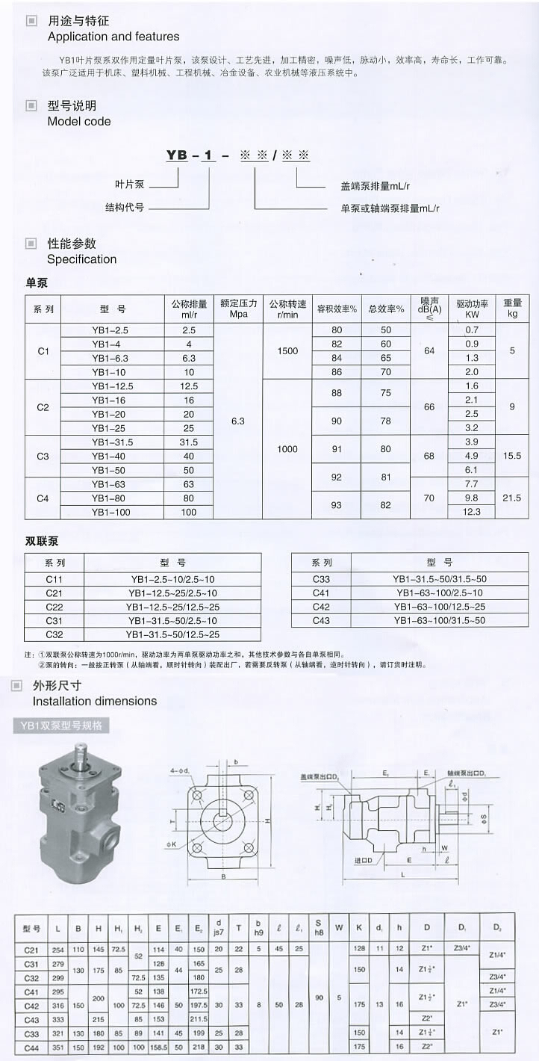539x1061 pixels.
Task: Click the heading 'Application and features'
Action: tap(113, 37)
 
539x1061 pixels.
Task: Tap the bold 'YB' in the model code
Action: tap(177, 155)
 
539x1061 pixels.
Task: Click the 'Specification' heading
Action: tap(82, 259)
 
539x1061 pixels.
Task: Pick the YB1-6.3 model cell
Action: tap(110, 358)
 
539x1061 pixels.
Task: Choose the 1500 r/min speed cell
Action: tap(287, 350)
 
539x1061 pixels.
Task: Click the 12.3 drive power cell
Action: tap(472, 512)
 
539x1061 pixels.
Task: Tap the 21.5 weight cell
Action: tap(512, 498)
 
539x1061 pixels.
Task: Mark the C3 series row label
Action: tap(43, 456)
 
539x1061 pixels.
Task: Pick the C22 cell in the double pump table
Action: tap(54, 606)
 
